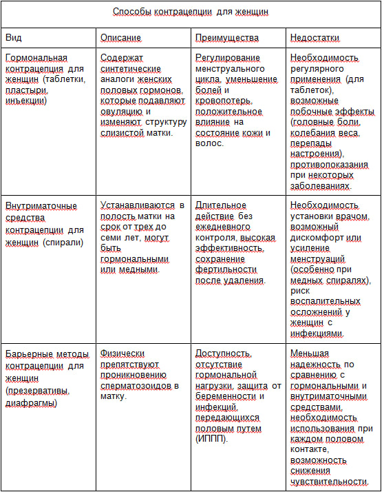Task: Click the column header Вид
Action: [x=13, y=37]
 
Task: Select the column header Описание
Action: [x=120, y=37]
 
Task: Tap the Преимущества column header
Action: [x=227, y=37]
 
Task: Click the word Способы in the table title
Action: [x=134, y=12]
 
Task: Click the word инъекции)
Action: [x=26, y=101]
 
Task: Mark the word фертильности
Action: [x=226, y=269]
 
